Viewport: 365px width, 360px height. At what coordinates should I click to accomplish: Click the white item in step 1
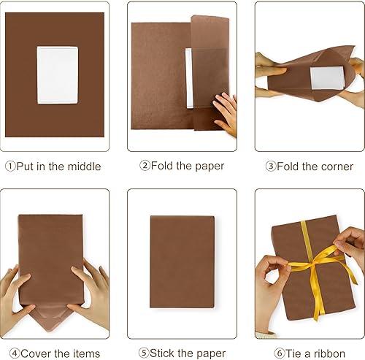click(x=57, y=74)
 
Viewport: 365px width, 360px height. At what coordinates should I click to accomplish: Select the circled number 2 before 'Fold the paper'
click(x=145, y=166)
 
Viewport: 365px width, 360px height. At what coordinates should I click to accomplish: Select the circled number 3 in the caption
click(x=270, y=166)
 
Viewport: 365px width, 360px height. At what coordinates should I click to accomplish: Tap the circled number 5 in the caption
click(x=143, y=353)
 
